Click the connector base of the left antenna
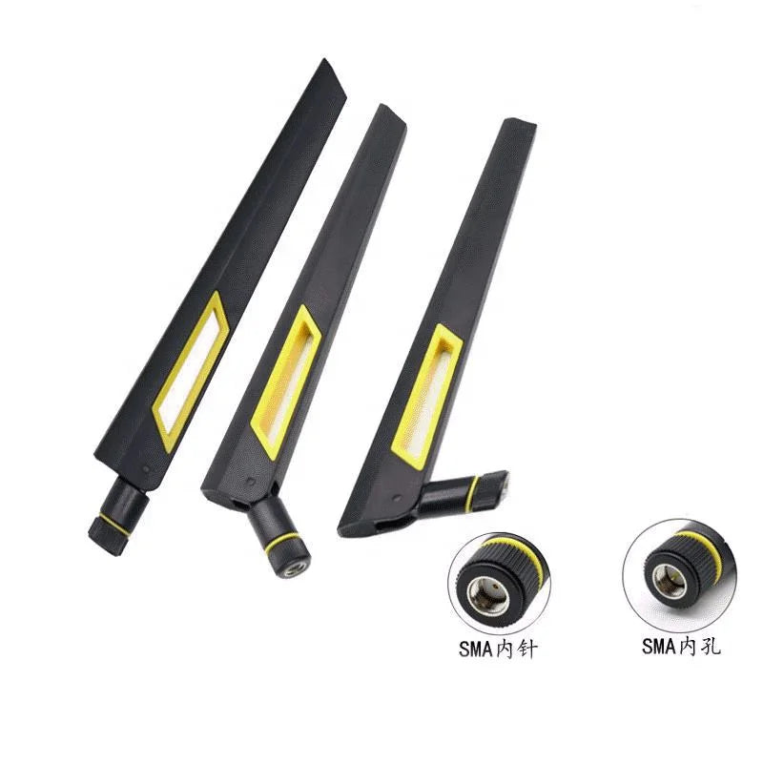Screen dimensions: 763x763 coord(118,516)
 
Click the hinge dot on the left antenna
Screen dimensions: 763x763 coord(147,468)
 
